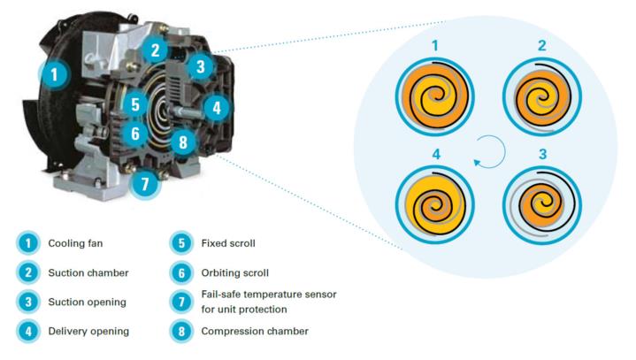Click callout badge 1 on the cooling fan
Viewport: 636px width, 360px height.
(56, 74)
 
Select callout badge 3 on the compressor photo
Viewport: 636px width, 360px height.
(201, 65)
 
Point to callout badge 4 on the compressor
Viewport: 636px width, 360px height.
(217, 109)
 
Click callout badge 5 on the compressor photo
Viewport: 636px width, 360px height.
(135, 104)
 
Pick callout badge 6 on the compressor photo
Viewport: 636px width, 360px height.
(135, 134)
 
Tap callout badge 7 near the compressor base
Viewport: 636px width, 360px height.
(147, 184)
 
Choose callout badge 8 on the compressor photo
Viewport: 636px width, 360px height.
(181, 142)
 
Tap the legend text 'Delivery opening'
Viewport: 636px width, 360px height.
(88, 332)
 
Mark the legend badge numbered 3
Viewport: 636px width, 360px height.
(27, 302)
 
